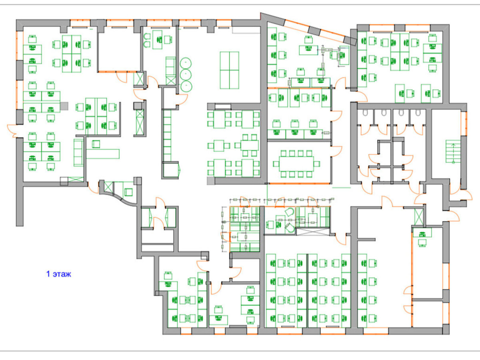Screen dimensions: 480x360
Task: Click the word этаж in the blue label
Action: [x=62, y=274]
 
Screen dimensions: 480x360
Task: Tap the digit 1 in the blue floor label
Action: [x=48, y=274]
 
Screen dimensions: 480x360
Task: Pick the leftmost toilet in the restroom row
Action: [x=365, y=112]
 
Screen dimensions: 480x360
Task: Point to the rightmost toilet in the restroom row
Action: [x=418, y=112]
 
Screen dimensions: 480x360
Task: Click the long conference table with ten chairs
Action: [x=296, y=164]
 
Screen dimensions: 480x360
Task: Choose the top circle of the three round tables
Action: [x=186, y=63]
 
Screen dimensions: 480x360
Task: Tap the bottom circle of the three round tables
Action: [x=186, y=86]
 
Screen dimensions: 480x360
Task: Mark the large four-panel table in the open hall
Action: [x=229, y=70]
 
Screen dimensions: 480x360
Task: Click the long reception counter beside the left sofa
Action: [x=103, y=154]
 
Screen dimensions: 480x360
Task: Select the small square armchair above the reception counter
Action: [x=96, y=144]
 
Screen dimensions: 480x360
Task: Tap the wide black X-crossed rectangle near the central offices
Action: [x=313, y=232]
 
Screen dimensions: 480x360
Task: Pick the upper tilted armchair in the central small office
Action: [x=290, y=212]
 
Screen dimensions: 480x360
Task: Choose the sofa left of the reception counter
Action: [x=79, y=152]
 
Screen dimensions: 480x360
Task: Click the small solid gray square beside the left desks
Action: [x=64, y=106]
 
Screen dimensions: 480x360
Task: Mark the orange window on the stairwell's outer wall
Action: [x=464, y=124]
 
